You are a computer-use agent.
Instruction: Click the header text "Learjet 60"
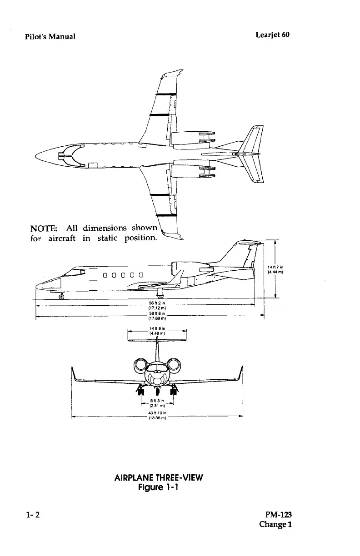pos(272,35)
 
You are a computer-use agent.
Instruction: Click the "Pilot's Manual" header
pos(50,36)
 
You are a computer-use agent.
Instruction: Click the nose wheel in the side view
pos(61,297)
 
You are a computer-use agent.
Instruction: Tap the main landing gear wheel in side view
pos(160,293)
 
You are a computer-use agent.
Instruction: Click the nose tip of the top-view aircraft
pos(36,156)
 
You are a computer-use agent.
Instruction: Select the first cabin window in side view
pos(105,274)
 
